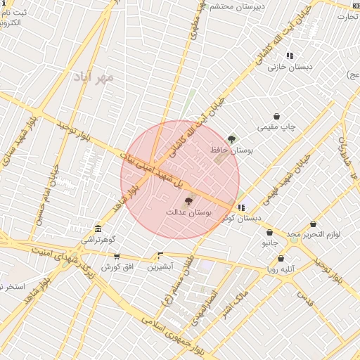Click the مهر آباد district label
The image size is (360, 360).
(x=93, y=77)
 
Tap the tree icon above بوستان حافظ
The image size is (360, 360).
(x=232, y=139)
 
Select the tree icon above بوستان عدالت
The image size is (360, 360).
(x=188, y=201)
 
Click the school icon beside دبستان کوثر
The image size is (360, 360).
(x=242, y=207)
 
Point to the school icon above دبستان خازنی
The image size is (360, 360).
(x=290, y=56)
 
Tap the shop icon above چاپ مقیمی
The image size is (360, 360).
(x=277, y=117)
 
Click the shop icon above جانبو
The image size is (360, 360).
(x=269, y=232)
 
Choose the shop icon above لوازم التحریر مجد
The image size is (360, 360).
(x=313, y=224)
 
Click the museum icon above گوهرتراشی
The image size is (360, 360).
(x=98, y=229)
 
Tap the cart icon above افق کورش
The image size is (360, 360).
(x=117, y=257)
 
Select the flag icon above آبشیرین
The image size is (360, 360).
(x=160, y=256)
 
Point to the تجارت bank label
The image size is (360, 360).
(x=347, y=16)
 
